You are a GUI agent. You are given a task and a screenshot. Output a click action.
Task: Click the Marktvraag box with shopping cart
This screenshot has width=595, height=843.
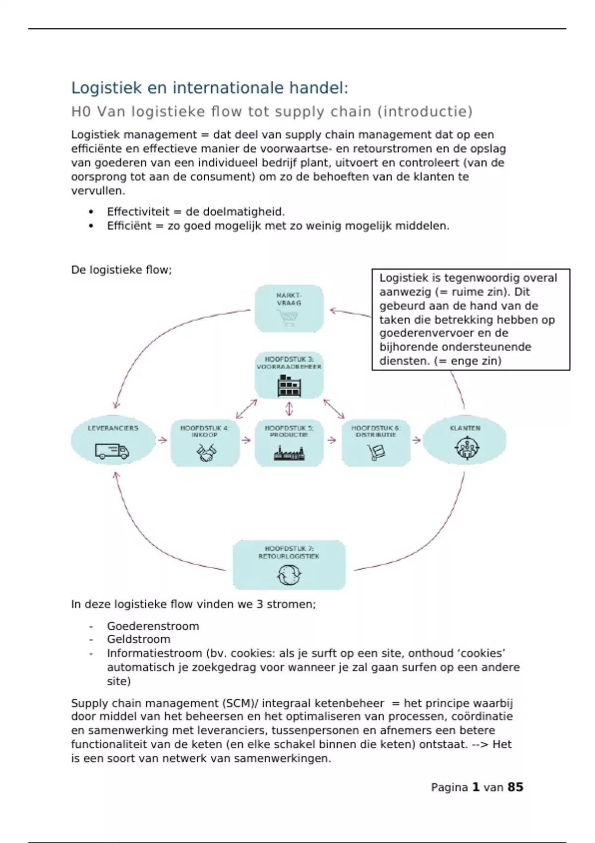pyautogui.click(x=289, y=308)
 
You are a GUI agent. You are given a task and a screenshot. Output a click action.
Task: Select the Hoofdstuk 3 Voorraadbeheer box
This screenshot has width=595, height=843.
pyautogui.click(x=289, y=375)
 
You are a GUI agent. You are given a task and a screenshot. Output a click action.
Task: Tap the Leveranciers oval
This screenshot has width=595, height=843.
pyautogui.click(x=113, y=440)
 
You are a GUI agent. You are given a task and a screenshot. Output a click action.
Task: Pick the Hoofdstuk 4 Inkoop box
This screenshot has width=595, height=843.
pyautogui.click(x=205, y=443)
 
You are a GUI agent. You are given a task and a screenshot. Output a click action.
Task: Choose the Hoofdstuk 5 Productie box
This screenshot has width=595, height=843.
pyautogui.click(x=289, y=443)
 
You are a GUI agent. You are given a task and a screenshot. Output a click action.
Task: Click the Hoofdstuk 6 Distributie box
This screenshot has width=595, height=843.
pyautogui.click(x=376, y=443)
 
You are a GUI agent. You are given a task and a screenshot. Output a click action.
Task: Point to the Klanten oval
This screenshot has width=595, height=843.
pyautogui.click(x=465, y=440)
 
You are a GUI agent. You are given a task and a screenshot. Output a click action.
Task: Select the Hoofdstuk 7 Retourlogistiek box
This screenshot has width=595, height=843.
pyautogui.click(x=289, y=565)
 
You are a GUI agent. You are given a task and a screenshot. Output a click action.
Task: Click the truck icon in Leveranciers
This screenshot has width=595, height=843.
pyautogui.click(x=112, y=451)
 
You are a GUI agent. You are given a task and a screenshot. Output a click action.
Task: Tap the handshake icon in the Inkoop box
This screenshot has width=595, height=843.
pyautogui.click(x=205, y=453)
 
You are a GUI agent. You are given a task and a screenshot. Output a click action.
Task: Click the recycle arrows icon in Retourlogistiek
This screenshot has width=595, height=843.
pyautogui.click(x=289, y=575)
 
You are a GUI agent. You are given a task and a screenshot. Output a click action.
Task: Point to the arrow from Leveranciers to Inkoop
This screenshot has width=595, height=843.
pyautogui.click(x=162, y=440)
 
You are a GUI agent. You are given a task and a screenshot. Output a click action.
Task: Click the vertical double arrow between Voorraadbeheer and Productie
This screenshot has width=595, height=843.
pyautogui.click(x=290, y=409)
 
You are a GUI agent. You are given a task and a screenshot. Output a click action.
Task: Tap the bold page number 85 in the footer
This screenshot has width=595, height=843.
pyautogui.click(x=515, y=787)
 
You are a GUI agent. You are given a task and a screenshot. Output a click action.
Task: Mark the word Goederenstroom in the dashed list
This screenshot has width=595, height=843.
pyautogui.click(x=153, y=626)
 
